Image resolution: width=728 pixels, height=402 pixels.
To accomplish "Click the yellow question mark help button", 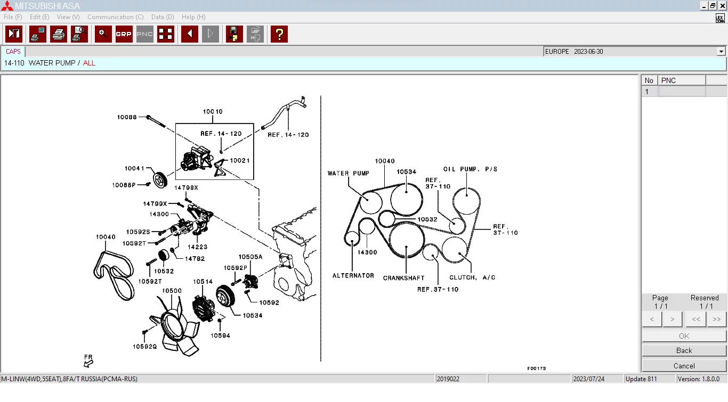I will (279, 34).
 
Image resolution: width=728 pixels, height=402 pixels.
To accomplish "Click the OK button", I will (684, 336).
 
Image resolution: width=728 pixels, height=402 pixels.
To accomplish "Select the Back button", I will (684, 350).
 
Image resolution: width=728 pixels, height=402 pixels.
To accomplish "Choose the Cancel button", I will (684, 366).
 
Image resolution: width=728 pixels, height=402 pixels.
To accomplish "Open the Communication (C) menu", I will (115, 17).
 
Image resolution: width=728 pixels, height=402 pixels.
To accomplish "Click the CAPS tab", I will (13, 52).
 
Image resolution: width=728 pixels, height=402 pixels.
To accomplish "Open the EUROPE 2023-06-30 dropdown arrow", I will (721, 52).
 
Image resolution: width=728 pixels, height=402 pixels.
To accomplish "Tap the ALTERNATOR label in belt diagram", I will (353, 276).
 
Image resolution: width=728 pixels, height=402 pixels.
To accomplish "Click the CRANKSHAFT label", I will (403, 278).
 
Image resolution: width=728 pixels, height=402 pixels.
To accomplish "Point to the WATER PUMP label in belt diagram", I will (348, 174).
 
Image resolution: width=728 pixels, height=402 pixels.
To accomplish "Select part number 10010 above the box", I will (213, 112).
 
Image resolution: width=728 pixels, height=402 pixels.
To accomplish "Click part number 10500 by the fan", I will (172, 291).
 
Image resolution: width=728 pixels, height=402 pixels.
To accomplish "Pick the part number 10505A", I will (250, 257).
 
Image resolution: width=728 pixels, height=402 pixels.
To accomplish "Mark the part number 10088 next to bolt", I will (127, 117).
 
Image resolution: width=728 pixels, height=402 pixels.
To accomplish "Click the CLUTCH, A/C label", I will (472, 277).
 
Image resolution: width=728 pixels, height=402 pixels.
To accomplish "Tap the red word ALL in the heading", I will (89, 63).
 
